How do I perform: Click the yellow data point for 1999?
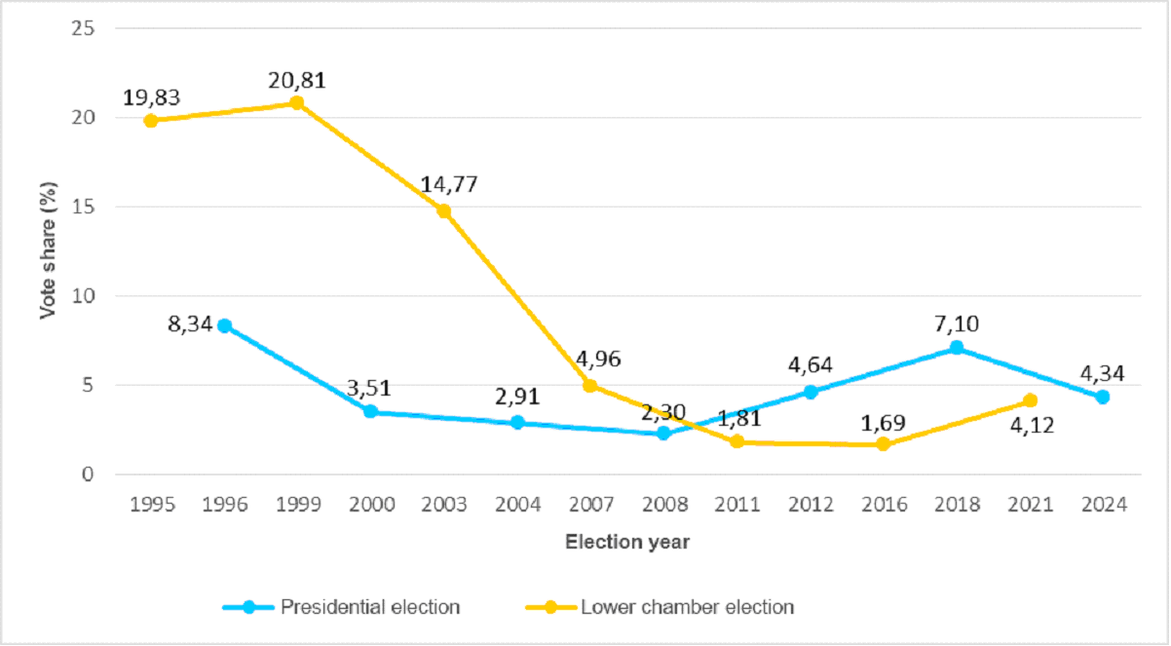pos(297,102)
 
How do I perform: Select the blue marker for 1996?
pos(224,325)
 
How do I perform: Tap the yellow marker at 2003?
pos(443,210)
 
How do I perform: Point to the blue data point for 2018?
pos(956,347)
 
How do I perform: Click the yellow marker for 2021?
pos(1030,400)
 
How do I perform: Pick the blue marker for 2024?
pos(1102,397)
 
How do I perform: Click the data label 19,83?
pos(152,98)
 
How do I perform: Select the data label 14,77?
pos(449,185)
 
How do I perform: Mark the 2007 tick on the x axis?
pos(590,505)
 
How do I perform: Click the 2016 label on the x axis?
pos(884,505)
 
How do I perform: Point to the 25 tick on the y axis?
pos(84,28)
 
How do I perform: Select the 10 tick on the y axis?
pos(84,295)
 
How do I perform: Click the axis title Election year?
pos(627,542)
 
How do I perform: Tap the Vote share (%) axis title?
pos(46,250)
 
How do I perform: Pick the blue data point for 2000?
pos(370,411)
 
